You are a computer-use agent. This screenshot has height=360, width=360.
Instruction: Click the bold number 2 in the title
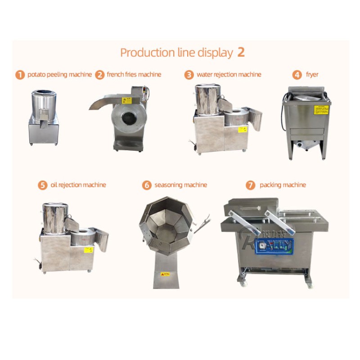tap(241, 52)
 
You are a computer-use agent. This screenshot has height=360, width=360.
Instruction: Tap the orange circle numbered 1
tap(20, 75)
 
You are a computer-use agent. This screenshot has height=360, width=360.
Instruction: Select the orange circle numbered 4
tap(297, 75)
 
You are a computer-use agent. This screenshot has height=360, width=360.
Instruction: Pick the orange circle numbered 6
tap(147, 185)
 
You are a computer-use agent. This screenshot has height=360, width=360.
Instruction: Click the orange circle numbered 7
tap(251, 185)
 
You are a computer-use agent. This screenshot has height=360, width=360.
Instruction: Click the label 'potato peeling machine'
tap(59, 75)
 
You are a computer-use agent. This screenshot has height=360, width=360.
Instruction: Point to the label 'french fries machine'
tap(134, 75)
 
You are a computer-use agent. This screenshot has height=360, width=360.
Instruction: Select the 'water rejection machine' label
tap(229, 75)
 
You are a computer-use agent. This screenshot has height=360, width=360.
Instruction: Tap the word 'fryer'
tap(312, 75)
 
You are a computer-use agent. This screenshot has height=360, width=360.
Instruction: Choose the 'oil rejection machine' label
tap(78, 185)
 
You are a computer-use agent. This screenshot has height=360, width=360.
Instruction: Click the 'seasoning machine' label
tap(180, 185)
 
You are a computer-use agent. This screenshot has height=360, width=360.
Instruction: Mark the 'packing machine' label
tap(283, 185)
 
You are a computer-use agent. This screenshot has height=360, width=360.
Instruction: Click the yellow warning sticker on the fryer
tap(320, 110)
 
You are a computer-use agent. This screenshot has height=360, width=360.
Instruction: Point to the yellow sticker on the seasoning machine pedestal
tap(166, 274)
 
